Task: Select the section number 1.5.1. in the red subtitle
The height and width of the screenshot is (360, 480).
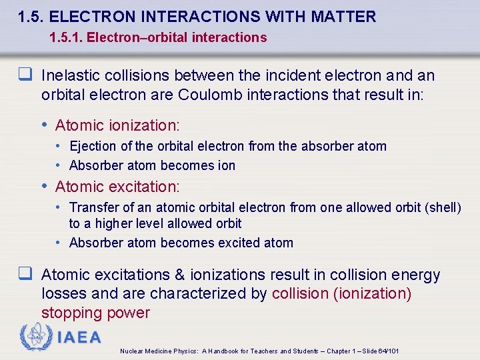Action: [x=68, y=37]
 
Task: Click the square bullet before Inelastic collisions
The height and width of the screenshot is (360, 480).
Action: [x=26, y=75]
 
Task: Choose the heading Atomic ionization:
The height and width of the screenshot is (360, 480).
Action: [x=117, y=125]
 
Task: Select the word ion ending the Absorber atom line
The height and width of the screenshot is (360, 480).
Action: [x=225, y=165]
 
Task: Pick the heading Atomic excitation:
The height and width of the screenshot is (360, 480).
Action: [x=117, y=187]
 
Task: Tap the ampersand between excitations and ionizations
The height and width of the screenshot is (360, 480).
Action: [x=179, y=275]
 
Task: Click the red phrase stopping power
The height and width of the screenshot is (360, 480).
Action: [x=95, y=313]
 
